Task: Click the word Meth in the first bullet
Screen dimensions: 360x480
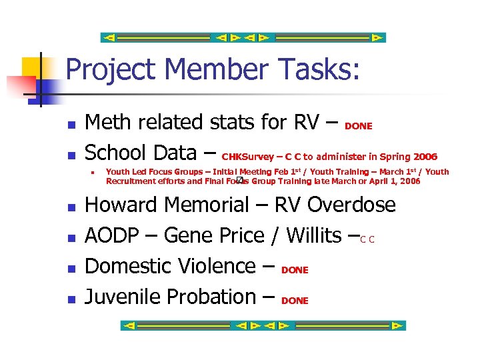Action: coord(108,123)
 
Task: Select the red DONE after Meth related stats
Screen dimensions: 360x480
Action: coord(359,126)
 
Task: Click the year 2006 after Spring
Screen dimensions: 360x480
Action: coord(425,157)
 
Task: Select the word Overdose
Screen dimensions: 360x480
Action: coord(351,205)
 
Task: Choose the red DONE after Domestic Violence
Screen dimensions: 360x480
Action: coord(295,270)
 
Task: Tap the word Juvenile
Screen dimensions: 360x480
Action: coord(124,297)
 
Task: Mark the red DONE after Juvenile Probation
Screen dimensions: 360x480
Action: coord(295,301)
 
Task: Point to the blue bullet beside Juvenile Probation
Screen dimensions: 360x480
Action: coord(70,299)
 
